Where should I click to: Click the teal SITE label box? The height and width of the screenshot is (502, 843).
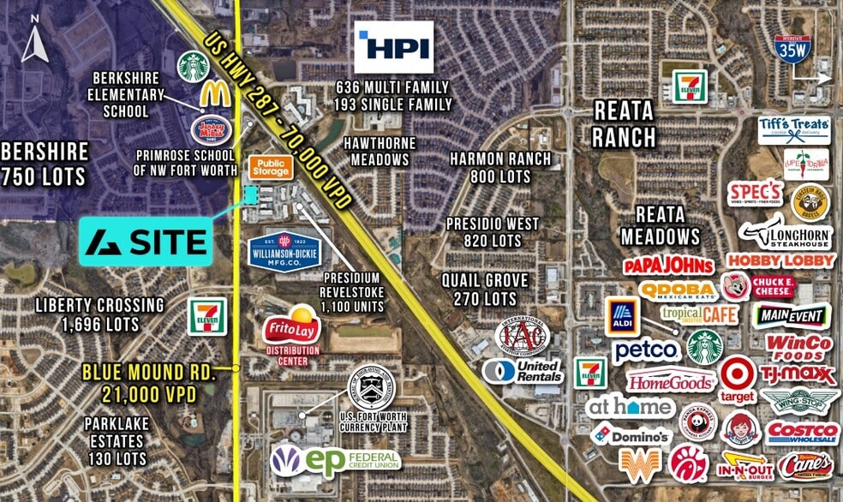coord(146,241)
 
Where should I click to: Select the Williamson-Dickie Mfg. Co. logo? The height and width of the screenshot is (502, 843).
coord(285,250)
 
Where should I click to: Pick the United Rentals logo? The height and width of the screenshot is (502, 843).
coord(522,371)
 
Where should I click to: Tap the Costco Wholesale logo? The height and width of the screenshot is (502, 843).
coord(802,433)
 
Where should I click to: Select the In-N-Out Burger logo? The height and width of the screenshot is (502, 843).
coord(744,468)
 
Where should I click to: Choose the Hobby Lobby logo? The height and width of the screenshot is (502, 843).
coord(780,260)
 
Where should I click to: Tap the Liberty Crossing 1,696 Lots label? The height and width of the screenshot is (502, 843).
coord(99,314)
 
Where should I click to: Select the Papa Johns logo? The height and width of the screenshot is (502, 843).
coord(668,266)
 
